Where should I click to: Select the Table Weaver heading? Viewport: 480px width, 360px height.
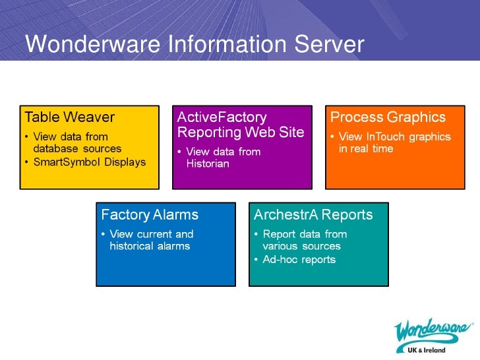pos(69,117)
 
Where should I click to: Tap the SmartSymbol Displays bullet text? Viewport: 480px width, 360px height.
pos(89,162)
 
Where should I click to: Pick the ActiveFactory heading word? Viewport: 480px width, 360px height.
pos(222,117)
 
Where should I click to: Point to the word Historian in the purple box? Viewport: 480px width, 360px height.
pos(208,164)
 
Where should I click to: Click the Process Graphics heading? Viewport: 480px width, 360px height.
pos(388,117)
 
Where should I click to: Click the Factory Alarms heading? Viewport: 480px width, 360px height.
pos(149,215)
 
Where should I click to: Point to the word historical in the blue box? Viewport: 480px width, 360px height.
pos(131,246)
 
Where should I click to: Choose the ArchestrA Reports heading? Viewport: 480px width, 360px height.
pos(313,215)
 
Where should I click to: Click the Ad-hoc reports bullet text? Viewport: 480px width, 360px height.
pos(299,259)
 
